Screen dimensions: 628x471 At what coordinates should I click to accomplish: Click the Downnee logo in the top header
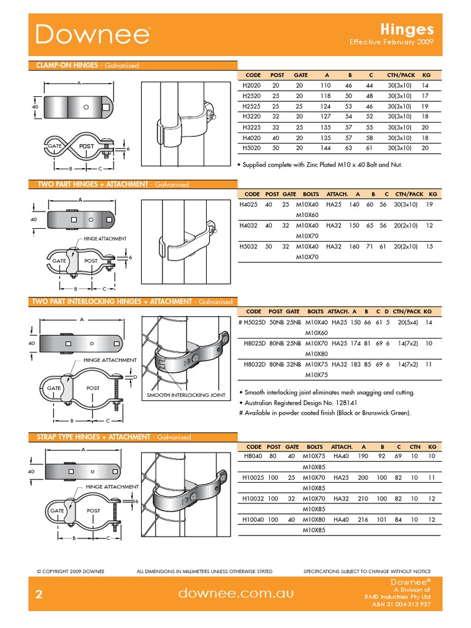pos(92,35)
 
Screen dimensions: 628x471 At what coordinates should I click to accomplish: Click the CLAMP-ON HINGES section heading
pos(64,65)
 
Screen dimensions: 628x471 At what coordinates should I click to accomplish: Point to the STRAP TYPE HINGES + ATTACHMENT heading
pos(90,437)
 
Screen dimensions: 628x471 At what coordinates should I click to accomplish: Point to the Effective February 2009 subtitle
pos(391,42)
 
